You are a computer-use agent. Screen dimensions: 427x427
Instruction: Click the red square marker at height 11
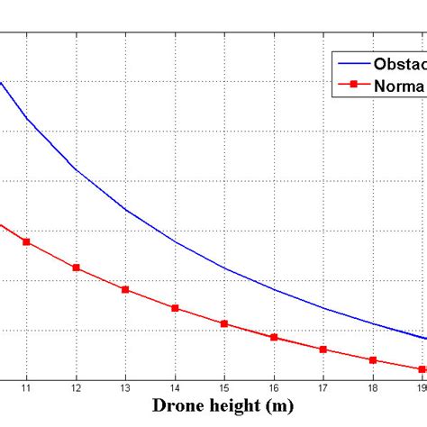[27, 242]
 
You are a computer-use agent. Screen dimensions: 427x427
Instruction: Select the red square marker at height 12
[77, 268]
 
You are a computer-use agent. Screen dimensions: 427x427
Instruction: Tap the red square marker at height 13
[126, 290]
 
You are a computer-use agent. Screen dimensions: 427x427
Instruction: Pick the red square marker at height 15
[224, 324]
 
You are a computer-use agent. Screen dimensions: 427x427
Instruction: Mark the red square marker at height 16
[274, 338]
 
